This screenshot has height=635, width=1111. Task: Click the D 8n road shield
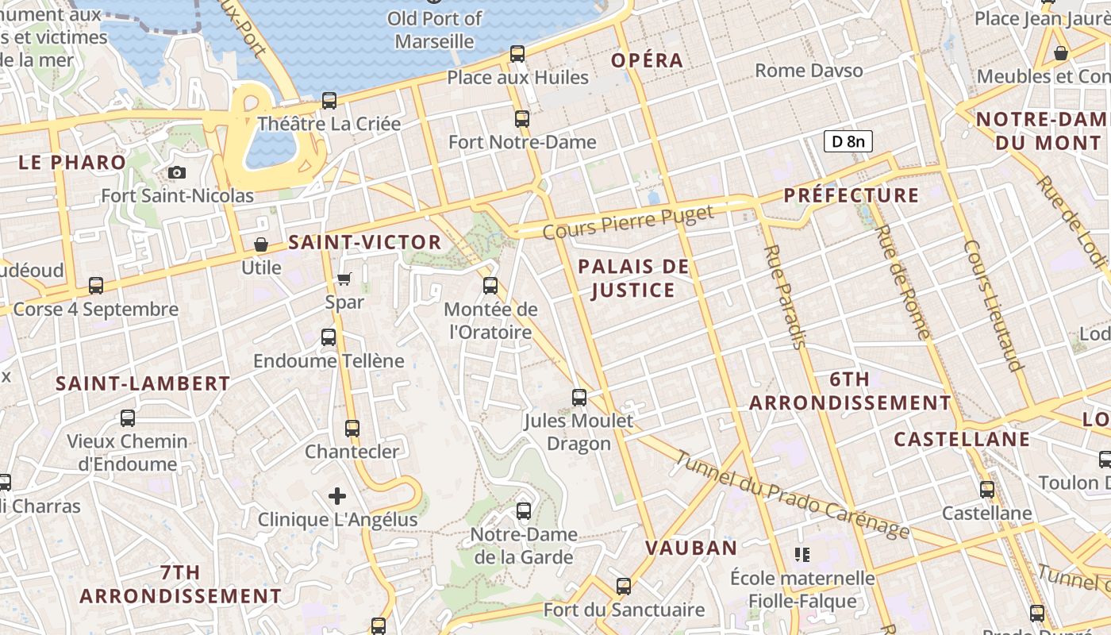point(848,141)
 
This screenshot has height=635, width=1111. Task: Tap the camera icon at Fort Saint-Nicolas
point(177,172)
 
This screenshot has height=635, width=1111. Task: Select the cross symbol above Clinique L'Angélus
point(337,497)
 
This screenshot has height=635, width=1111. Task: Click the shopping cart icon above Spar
point(344,279)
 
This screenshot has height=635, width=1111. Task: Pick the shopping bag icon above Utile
point(261,244)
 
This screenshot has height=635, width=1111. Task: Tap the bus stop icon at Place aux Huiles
point(517,54)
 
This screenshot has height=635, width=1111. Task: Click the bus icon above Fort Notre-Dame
point(522,119)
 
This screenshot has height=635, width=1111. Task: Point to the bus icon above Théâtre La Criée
point(329,101)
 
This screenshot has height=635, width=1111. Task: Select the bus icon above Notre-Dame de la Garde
point(524,511)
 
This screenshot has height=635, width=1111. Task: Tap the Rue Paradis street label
point(785,296)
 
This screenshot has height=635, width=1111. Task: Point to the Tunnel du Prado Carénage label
point(792,494)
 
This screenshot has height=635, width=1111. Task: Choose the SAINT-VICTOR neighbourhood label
point(365,242)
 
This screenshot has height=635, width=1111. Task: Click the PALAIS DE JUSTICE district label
point(633,278)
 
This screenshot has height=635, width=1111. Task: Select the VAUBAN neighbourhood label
point(691,548)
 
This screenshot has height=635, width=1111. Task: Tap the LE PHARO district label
point(72,163)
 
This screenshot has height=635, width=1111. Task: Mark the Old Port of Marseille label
point(435,29)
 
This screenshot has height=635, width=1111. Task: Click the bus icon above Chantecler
point(352,429)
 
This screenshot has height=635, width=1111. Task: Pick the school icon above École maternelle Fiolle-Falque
point(802,554)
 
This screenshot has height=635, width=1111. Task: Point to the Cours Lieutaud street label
point(991,306)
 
